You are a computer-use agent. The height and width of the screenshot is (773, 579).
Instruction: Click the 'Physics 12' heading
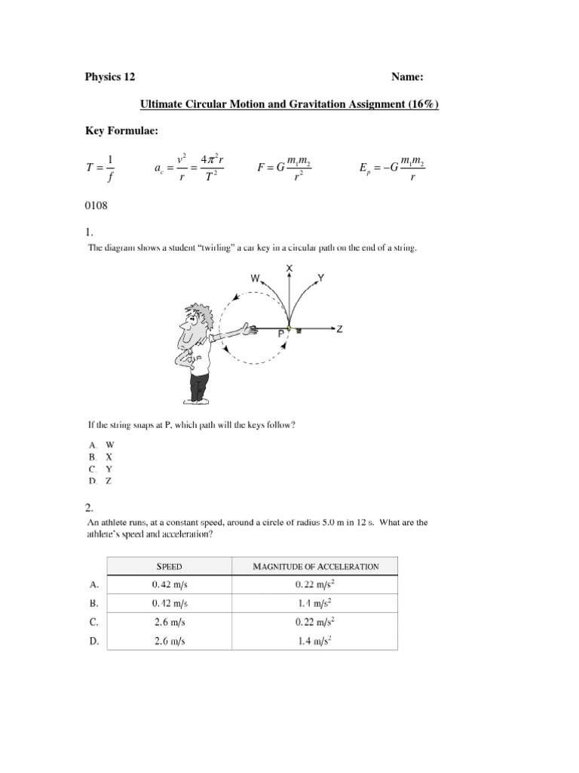click(x=109, y=77)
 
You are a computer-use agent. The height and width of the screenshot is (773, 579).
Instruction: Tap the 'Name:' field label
click(x=407, y=77)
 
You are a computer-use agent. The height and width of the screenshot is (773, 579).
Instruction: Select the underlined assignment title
click(x=289, y=104)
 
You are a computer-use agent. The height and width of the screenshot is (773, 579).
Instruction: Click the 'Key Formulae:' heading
click(x=121, y=131)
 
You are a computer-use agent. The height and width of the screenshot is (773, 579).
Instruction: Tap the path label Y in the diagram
click(x=321, y=277)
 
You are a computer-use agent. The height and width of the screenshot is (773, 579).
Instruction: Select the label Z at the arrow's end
click(x=340, y=329)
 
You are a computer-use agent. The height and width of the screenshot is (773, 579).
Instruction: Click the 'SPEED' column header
click(x=169, y=565)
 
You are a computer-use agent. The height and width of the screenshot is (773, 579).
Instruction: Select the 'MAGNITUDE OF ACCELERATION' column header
click(x=315, y=565)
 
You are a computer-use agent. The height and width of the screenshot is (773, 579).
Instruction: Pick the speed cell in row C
click(x=169, y=621)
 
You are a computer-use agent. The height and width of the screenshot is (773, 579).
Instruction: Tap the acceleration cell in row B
click(x=315, y=602)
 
